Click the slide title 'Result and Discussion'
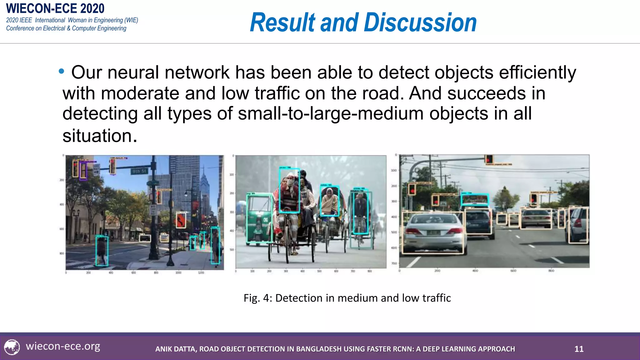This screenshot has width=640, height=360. pos(363,22)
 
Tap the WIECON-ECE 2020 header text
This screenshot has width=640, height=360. pos(55,8)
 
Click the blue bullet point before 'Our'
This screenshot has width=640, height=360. pos(61,72)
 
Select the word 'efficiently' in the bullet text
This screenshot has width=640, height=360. pos(537,72)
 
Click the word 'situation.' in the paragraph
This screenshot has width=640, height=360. pos(100,136)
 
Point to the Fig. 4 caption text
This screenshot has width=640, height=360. pos(347,298)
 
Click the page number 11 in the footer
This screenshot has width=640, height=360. pos(579,349)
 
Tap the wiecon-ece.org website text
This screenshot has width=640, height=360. pos(63,346)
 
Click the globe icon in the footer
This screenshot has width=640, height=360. pos(12,347)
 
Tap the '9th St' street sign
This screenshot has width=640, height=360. pos(139,171)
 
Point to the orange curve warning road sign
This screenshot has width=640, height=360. pos(181,220)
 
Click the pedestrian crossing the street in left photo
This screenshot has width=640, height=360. pos(102,251)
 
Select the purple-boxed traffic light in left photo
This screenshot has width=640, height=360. pos(83,170)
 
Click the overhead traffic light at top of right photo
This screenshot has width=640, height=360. pos(489,159)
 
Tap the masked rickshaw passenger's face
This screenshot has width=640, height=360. pos(290,180)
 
